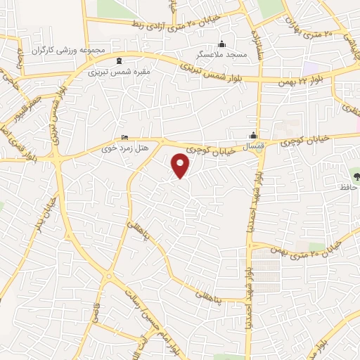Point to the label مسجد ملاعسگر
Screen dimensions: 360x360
coord(222,53)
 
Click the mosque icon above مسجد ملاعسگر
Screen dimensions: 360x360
coord(222,44)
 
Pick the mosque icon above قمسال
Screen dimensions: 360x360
coord(253,136)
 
